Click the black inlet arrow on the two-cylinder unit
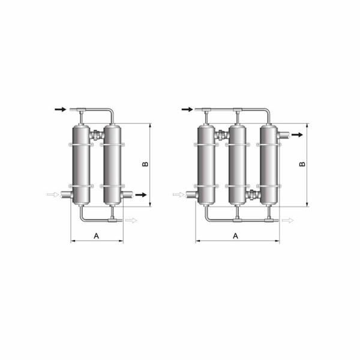pyautogui.click(x=60, y=109)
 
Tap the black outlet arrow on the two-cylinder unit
pyautogui.click(x=140, y=194)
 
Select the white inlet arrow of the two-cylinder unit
pyautogui.click(x=52, y=194)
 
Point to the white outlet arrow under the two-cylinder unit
pyautogui.click(x=131, y=221)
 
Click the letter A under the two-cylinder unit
pyautogui.click(x=96, y=236)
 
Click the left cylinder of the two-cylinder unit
pyautogui.click(x=81, y=163)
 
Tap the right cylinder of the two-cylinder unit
pyautogui.click(x=112, y=163)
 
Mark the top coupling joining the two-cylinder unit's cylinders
pyautogui.click(x=97, y=136)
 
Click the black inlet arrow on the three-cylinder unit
pyautogui.click(x=187, y=109)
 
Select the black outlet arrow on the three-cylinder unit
pyautogui.click(x=296, y=135)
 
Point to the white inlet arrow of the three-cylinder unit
pyautogui.click(x=178, y=194)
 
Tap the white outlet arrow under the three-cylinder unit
pyautogui.click(x=288, y=221)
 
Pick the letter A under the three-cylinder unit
pyautogui.click(x=236, y=236)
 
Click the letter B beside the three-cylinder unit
pyautogui.click(x=302, y=163)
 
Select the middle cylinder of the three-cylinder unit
pyautogui.click(x=238, y=163)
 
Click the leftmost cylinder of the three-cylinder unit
pyautogui.click(x=206, y=163)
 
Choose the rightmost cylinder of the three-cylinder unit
pyautogui.click(x=269, y=163)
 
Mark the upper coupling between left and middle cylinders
pyautogui.click(x=222, y=136)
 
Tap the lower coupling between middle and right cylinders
pyautogui.click(x=253, y=194)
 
